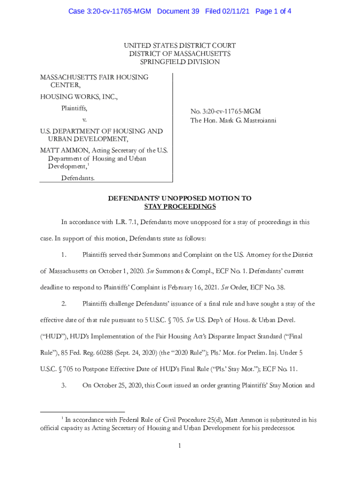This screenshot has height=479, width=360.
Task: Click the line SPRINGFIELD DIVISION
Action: (x=180, y=62)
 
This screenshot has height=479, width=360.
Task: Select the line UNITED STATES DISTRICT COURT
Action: (x=180, y=45)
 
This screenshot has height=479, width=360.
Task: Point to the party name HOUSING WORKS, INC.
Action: (x=79, y=97)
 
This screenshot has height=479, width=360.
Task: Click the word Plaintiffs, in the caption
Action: (x=74, y=109)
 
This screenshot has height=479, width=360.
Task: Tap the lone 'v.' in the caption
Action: (x=85, y=120)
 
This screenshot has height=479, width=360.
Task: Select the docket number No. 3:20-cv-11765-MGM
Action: (x=225, y=111)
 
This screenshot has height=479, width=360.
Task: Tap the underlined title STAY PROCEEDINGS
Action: (x=180, y=206)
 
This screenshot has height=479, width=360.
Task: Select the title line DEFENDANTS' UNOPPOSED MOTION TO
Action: (x=180, y=198)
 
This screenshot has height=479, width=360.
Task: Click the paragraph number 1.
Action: (x=65, y=255)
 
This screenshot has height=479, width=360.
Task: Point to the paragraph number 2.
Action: (x=65, y=304)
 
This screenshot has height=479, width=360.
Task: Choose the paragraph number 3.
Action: (x=65, y=386)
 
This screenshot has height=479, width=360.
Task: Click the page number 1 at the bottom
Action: (x=180, y=446)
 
